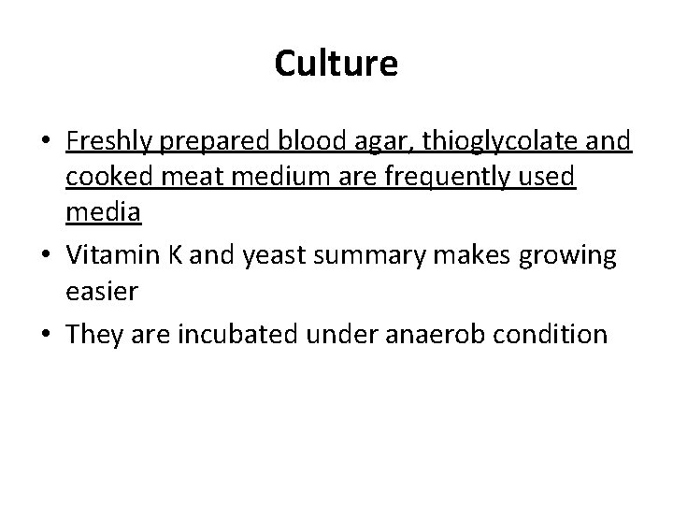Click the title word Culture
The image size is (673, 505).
coord(336,64)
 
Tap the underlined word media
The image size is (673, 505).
coord(104,212)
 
